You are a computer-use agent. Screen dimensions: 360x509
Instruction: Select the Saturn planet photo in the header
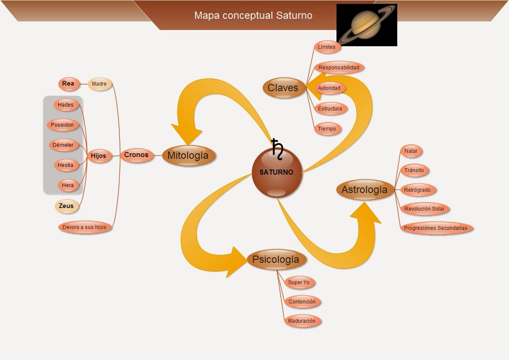[x=367, y=25]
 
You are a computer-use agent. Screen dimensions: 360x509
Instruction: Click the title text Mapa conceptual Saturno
[x=253, y=15]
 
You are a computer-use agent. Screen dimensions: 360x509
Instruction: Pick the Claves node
[x=283, y=88]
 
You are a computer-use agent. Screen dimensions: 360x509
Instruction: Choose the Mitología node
[x=188, y=155]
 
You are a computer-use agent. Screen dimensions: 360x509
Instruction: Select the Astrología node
[x=364, y=190]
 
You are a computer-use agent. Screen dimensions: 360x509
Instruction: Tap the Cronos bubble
[x=136, y=155]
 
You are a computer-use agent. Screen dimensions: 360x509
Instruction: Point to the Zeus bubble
[x=66, y=206]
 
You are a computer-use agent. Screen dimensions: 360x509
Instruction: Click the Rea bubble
[x=68, y=83]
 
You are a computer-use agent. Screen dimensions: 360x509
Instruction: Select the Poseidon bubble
[x=63, y=125]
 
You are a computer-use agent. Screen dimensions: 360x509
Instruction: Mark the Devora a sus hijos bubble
[x=84, y=227]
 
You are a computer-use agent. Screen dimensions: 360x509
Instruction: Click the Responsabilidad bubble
[x=339, y=68]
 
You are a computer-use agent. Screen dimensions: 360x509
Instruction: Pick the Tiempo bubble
[x=327, y=128]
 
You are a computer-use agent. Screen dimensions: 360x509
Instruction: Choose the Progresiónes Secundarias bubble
[x=435, y=228]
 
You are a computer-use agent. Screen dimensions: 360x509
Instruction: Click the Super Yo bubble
[x=299, y=283]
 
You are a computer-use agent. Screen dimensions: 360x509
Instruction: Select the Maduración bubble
[x=302, y=321]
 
